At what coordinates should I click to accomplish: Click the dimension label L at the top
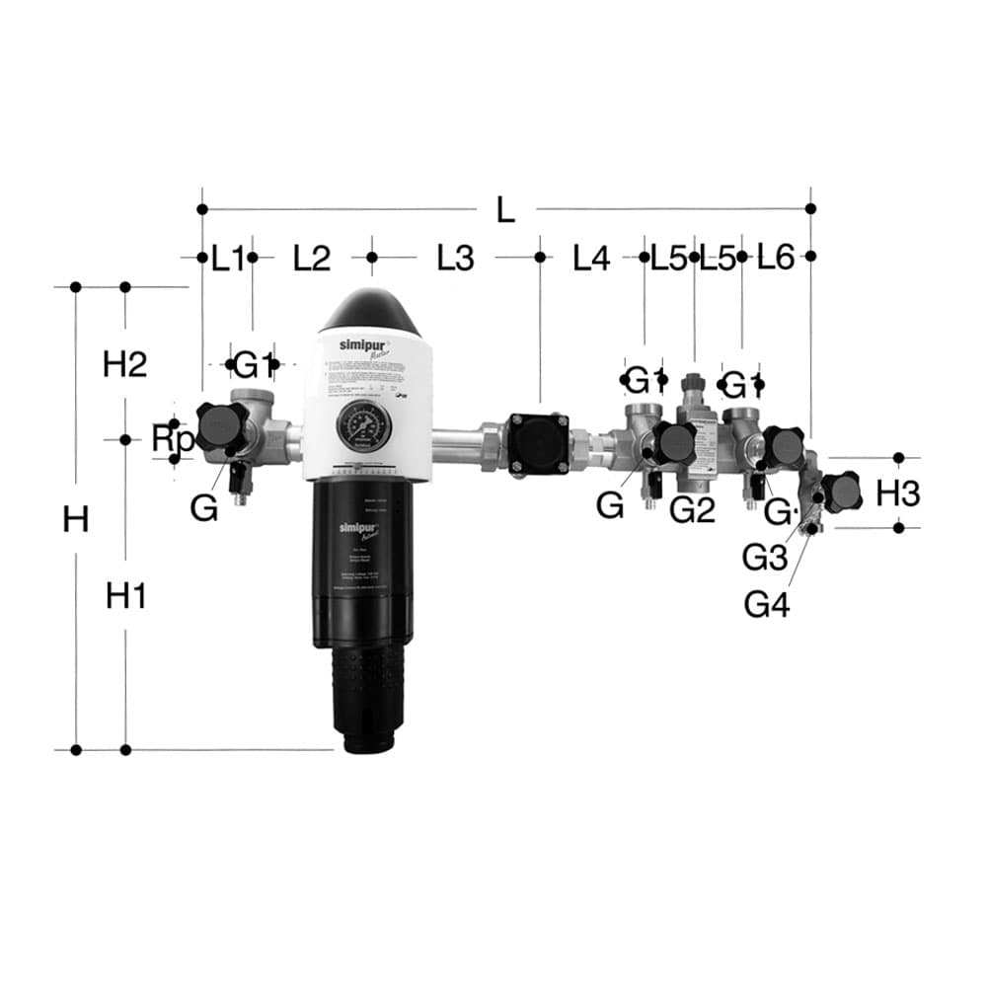pyautogui.click(x=505, y=209)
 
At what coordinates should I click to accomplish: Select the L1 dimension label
pyautogui.click(x=227, y=259)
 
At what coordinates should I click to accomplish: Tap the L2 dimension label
pyautogui.click(x=312, y=259)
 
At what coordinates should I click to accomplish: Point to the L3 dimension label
pyautogui.click(x=456, y=259)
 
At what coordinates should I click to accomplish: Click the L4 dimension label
pyautogui.click(x=592, y=259)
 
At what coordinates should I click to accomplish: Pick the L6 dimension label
pyautogui.click(x=776, y=259)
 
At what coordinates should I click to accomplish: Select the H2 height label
pyautogui.click(x=125, y=364)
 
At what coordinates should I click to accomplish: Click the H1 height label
pyautogui.click(x=126, y=595)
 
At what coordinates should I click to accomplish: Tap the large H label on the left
pyautogui.click(x=76, y=519)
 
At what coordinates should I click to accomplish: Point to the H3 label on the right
pyautogui.click(x=898, y=493)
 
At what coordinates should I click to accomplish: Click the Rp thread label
pyautogui.click(x=171, y=440)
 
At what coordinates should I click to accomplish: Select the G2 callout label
pyautogui.click(x=692, y=509)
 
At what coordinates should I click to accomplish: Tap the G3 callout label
pyautogui.click(x=765, y=559)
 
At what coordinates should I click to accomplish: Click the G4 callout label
pyautogui.click(x=767, y=603)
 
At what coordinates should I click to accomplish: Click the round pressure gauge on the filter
pyautogui.click(x=363, y=426)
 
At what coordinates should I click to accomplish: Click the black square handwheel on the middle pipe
pyautogui.click(x=539, y=443)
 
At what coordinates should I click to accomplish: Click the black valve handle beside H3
pyautogui.click(x=841, y=492)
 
